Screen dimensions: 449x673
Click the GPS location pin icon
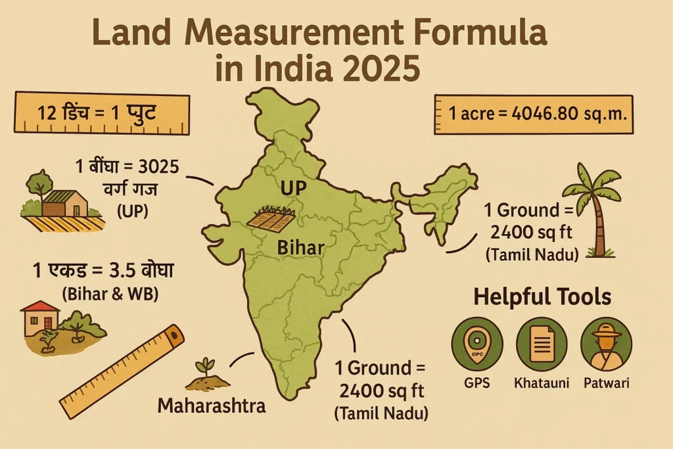(477, 343)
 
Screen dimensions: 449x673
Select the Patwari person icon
(606, 343)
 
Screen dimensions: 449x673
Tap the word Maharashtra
(212, 406)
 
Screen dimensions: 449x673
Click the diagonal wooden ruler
(121, 371)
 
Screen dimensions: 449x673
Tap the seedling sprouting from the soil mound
(208, 373)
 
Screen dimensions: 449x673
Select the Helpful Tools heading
(542, 297)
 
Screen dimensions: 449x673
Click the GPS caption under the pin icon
(476, 383)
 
